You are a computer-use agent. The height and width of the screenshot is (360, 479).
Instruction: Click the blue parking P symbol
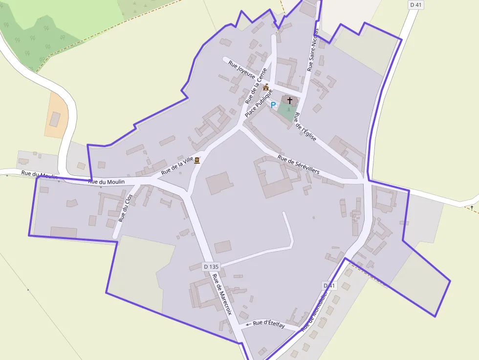[273, 105]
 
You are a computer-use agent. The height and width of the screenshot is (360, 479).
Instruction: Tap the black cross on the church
[290, 100]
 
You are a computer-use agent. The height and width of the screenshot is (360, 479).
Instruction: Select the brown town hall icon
[266, 87]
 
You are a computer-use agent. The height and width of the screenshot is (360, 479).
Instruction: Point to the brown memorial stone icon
[197, 160]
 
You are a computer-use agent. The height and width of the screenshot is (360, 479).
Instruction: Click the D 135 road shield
[211, 266]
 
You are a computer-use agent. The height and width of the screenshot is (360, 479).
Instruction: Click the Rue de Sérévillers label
[298, 165]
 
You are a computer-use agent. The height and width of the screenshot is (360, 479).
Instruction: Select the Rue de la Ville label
[177, 165]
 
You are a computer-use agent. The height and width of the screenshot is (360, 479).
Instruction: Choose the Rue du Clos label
[126, 209]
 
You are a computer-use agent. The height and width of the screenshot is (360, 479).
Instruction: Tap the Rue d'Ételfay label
[269, 325]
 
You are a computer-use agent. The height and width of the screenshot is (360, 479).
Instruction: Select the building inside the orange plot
[55, 119]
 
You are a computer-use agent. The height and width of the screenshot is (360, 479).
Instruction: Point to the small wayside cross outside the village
[472, 208]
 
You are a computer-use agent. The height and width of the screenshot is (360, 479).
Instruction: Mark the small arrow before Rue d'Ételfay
[248, 324]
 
